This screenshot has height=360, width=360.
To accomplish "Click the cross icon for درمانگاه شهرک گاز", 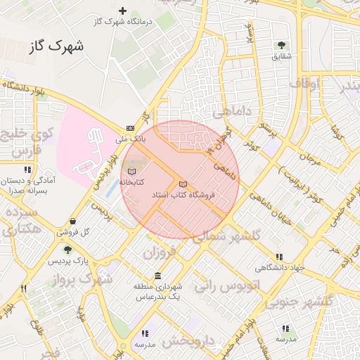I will pyautogui.click(x=123, y=11).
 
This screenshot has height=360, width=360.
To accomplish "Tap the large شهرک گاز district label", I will pyautogui.click(x=57, y=47).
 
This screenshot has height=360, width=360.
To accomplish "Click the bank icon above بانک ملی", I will pyautogui.click(x=130, y=128).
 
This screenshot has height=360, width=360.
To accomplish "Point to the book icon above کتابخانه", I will pyautogui.click(x=131, y=171).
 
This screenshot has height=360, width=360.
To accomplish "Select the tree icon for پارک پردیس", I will pyautogui.click(x=67, y=249).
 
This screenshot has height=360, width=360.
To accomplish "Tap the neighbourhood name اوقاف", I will pyautogui.click(x=304, y=84).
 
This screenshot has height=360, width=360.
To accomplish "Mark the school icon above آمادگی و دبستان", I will pyautogui.click(x=28, y=170).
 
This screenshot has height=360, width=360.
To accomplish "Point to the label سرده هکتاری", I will pyautogui.click(x=20, y=219).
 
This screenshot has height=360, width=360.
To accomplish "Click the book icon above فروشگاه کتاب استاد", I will pyautogui.click(x=184, y=184).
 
